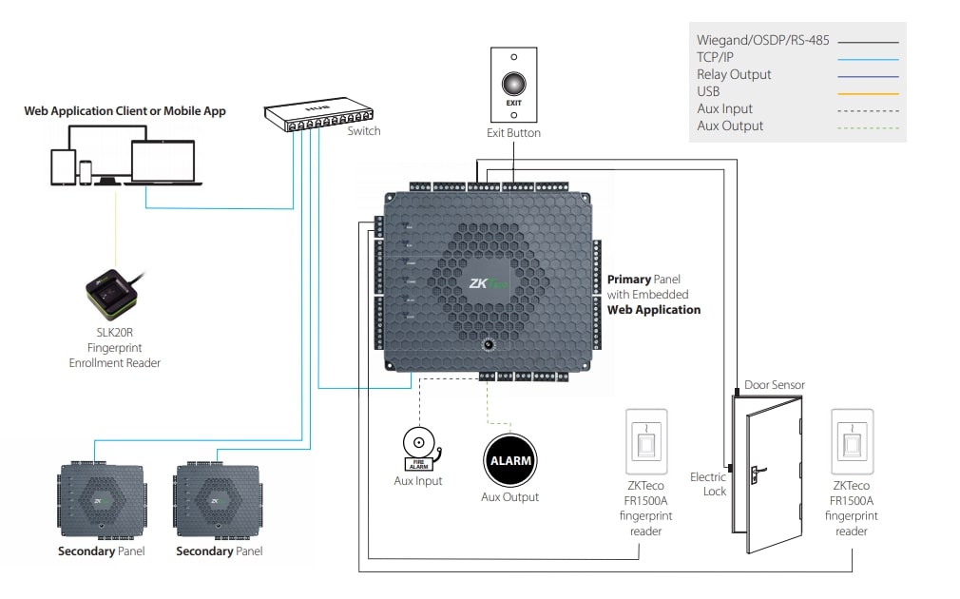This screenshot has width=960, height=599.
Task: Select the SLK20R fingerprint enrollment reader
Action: coord(113,290)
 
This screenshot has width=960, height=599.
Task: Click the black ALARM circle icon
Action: coord(509,460)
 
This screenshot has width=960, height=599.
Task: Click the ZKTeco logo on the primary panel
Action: coord(489,282)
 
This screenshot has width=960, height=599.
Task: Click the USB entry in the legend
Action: coord(708,92)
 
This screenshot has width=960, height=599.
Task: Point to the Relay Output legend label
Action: coord(734,74)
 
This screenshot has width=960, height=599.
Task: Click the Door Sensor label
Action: coord(775,385)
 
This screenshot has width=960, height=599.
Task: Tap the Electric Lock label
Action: coord(708,484)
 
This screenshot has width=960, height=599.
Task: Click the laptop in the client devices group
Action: coord(162,163)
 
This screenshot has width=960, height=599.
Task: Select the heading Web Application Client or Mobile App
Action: coord(125,111)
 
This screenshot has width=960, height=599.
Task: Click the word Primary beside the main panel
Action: coord(628,280)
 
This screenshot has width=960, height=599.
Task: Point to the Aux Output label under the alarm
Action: coord(509,497)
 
